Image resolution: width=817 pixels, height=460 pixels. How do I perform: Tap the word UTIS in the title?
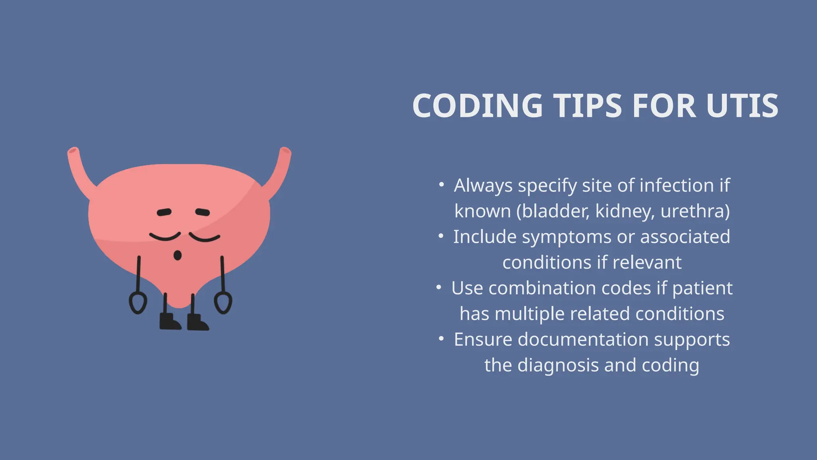[x=742, y=106]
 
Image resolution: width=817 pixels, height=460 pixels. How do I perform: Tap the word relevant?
[x=647, y=263]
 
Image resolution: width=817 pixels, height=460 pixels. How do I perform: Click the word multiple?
[x=530, y=314]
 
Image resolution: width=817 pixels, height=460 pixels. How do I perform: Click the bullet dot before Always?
[x=441, y=185]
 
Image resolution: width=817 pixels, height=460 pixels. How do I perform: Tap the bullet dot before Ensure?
[x=441, y=339]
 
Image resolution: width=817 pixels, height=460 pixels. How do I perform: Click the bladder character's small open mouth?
[x=178, y=255]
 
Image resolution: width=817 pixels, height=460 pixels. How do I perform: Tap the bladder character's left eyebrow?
[x=164, y=212]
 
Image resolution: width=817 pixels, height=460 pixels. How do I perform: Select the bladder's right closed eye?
[x=204, y=238]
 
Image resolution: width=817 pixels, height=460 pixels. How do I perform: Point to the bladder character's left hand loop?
[x=138, y=303]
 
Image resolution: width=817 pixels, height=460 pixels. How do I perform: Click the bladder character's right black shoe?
[x=197, y=322]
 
